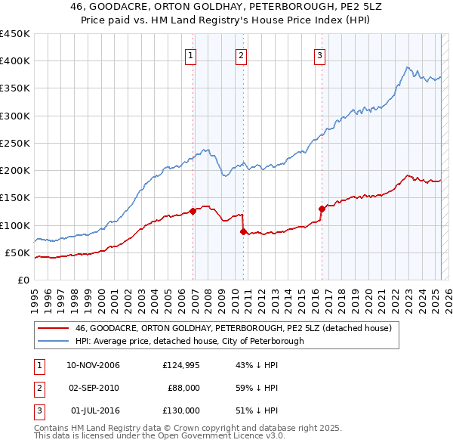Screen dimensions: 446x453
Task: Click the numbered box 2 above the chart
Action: coord(240,55)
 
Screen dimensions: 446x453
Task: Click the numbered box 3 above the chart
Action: coord(319,55)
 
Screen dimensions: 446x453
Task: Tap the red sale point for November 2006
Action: coord(193,211)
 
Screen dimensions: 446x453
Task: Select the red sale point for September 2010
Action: coord(243,231)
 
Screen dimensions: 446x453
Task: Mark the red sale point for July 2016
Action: coord(322,209)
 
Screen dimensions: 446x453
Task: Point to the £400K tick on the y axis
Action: coord(15,61)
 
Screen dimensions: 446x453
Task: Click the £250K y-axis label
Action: coord(15,143)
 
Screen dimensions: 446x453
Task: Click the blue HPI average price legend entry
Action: coord(189,341)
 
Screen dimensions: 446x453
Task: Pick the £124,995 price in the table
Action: coord(181,366)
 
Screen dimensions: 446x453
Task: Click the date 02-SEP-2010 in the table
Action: coord(94,388)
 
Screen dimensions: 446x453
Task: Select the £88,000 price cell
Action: coord(183,388)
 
